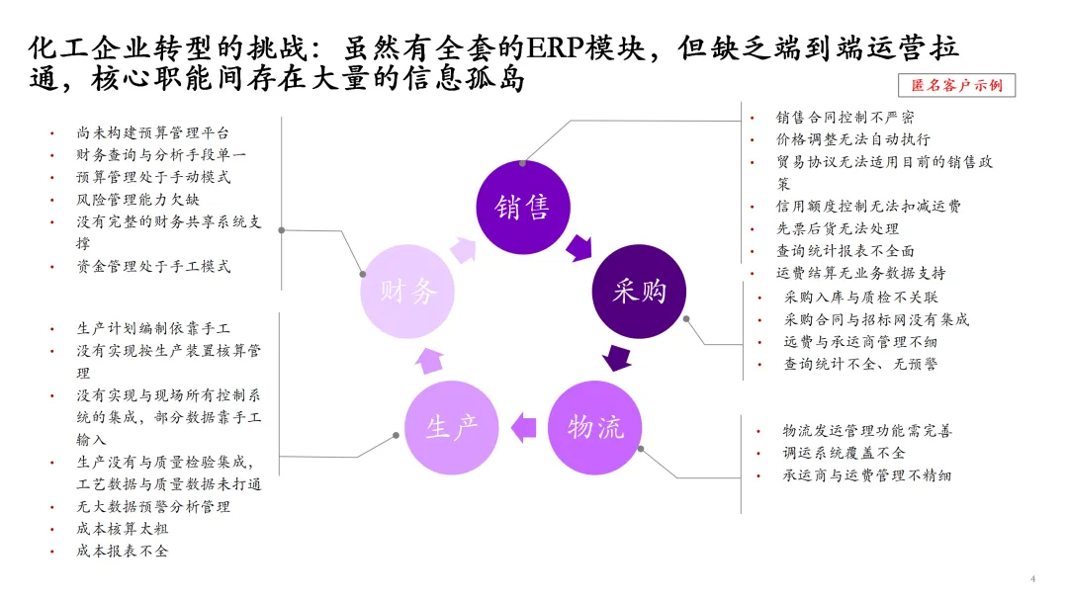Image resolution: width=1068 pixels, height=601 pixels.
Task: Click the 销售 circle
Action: (x=522, y=207)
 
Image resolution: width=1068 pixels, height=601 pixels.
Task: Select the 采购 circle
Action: (x=639, y=291)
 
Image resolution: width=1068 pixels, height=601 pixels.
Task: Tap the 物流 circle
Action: (x=595, y=427)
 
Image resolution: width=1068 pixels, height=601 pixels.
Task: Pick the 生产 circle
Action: (x=452, y=427)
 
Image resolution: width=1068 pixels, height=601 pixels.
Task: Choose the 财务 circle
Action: (x=408, y=291)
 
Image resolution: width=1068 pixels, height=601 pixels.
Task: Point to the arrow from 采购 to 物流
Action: (x=619, y=357)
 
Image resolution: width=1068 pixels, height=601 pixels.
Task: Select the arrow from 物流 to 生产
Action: (x=524, y=427)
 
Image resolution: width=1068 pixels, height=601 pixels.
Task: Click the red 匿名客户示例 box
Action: (x=956, y=85)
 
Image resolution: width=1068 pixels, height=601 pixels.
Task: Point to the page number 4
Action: (x=1032, y=578)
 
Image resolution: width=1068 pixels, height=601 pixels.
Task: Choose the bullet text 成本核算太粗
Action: (x=123, y=529)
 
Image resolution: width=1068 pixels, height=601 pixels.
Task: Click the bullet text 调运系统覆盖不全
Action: (x=844, y=453)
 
